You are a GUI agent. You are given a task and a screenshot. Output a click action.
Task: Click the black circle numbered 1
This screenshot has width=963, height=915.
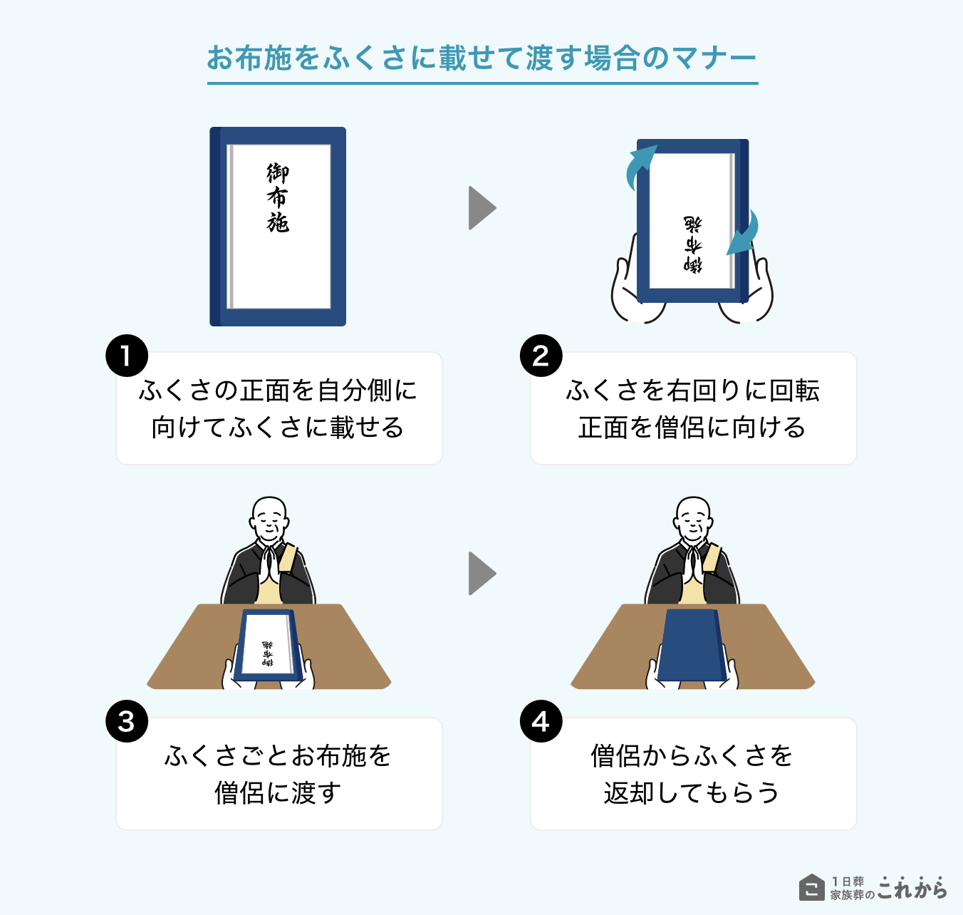click(127, 356)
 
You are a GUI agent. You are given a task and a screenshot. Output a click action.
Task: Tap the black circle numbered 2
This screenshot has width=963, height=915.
click(541, 356)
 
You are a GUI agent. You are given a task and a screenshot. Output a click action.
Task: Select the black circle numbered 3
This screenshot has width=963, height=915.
click(127, 721)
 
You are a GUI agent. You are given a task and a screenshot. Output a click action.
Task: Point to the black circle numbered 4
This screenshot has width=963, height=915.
click(541, 721)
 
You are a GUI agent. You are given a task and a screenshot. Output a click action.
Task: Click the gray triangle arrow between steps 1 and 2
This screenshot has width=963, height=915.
click(481, 208)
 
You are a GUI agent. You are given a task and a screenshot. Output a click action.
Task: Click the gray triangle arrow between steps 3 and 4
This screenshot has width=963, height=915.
click(481, 573)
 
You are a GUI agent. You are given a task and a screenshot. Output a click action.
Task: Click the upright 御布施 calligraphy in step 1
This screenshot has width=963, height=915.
click(278, 197)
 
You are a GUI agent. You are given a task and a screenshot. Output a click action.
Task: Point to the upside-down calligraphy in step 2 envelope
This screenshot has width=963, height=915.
click(692, 244)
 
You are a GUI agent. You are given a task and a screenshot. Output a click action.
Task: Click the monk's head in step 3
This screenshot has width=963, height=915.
click(269, 517)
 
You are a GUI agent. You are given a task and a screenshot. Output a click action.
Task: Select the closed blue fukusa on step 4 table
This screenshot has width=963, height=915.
click(692, 645)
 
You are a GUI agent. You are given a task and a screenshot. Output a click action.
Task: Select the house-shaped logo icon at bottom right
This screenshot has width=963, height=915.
click(811, 887)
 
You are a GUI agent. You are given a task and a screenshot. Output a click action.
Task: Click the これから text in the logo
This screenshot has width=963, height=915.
click(912, 888)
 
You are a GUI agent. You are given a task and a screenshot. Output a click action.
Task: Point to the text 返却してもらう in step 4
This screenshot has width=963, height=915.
click(692, 792)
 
